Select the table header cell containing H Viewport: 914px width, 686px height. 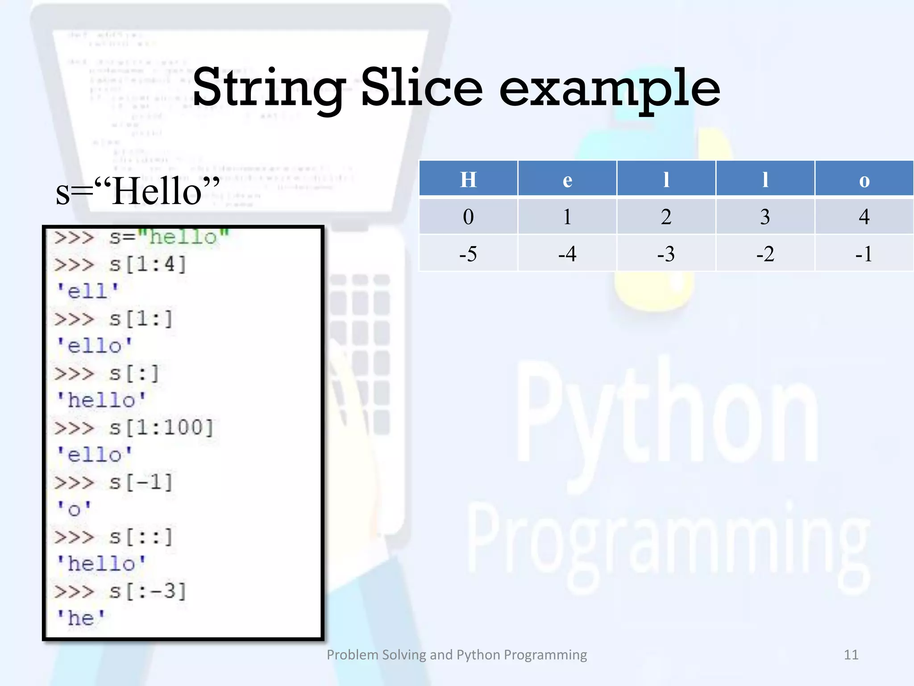coord(468,179)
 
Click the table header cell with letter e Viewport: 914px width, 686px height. coord(567,179)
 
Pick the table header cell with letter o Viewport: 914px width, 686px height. coord(864,179)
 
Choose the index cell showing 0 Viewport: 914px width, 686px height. coord(468,217)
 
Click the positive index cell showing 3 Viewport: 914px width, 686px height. coord(765,217)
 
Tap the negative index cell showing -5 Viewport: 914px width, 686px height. coord(468,254)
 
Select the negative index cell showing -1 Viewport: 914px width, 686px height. coord(864,254)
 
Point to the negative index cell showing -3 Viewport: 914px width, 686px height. coord(666,254)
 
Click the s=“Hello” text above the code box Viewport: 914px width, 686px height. coord(137,191)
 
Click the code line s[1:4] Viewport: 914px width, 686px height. coord(147,264)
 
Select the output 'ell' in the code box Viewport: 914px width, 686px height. coord(88,291)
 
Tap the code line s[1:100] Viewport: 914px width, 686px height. coord(161,428)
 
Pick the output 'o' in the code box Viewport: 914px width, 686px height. coord(74,509)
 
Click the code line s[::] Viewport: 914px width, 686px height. coord(141,537)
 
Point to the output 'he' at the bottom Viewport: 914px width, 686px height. coord(81,618)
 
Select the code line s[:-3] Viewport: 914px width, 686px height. coord(147,591)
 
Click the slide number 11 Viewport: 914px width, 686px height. coord(851,655)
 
